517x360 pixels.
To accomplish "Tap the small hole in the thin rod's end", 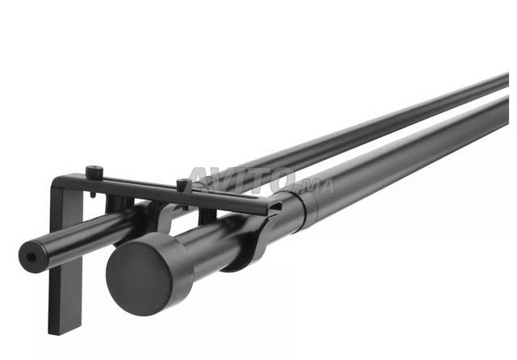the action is tap(32, 257).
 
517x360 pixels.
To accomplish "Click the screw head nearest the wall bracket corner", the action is tap(95, 171).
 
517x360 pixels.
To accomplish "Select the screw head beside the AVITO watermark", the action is tap(184, 185).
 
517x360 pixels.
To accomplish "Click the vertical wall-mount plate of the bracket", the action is tap(65, 260).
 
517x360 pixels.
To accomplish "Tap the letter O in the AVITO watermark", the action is tap(280, 179).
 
